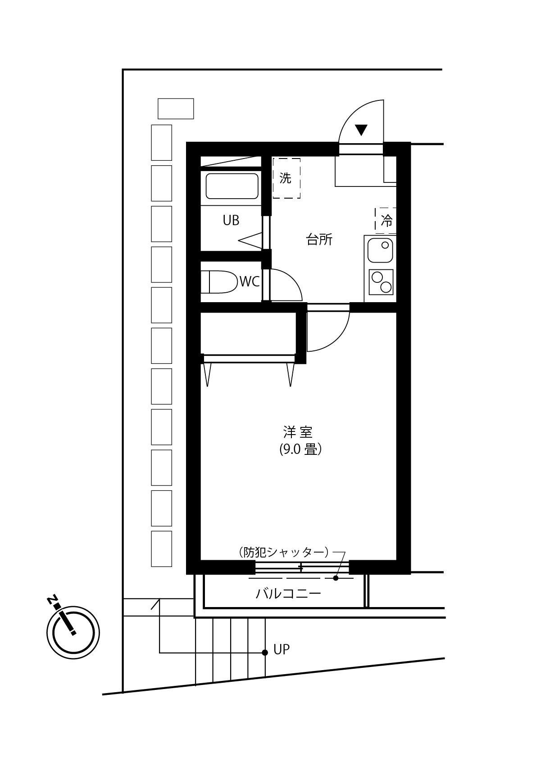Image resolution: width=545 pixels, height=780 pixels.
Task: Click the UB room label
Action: (x=231, y=220)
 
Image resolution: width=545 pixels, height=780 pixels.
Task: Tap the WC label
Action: (x=250, y=282)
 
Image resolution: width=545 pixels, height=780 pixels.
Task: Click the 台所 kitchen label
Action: (x=319, y=240)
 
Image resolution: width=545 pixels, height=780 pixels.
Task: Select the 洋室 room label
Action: (x=298, y=432)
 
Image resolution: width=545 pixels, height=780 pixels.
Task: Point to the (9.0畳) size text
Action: (x=300, y=449)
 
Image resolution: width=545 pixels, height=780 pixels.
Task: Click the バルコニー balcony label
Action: (x=289, y=594)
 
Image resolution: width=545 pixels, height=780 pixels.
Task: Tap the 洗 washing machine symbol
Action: (x=286, y=178)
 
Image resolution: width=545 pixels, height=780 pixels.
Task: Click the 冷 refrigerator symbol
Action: (x=386, y=221)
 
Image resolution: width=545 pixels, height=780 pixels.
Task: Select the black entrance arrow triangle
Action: (x=361, y=130)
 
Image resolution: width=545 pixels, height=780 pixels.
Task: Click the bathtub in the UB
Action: (x=232, y=186)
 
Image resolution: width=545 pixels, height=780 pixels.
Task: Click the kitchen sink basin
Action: (x=380, y=250)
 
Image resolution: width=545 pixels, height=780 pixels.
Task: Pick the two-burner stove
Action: (x=381, y=282)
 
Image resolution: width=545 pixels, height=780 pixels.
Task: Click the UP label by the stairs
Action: (x=282, y=649)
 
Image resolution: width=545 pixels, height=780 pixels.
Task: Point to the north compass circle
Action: (x=73, y=632)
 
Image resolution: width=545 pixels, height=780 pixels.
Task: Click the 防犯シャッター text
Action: (x=284, y=552)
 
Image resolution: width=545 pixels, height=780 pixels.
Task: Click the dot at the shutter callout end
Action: (x=336, y=578)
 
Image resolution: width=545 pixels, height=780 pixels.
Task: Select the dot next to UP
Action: (x=265, y=653)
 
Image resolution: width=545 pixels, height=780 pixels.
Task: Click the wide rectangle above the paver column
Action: (x=176, y=109)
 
